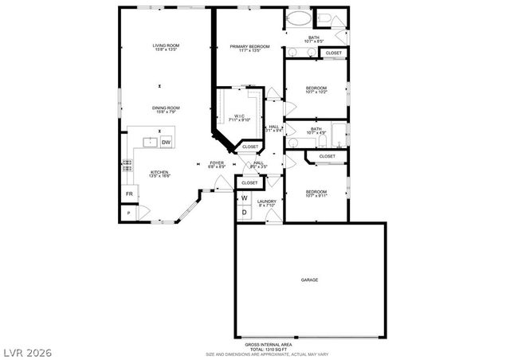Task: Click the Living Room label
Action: point(167,47)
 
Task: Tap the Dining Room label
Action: point(167,110)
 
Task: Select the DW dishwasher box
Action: point(167,142)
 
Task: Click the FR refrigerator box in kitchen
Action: point(127,194)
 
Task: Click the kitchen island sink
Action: point(149,142)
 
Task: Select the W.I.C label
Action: point(239,118)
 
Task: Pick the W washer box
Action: point(245,198)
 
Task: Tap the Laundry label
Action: point(267,204)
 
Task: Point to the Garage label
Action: point(309,280)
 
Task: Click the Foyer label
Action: point(217,165)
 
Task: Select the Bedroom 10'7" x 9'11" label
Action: point(316,194)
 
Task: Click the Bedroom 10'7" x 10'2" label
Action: point(316,91)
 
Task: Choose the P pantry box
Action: point(127,213)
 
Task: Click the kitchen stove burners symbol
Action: point(126,166)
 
